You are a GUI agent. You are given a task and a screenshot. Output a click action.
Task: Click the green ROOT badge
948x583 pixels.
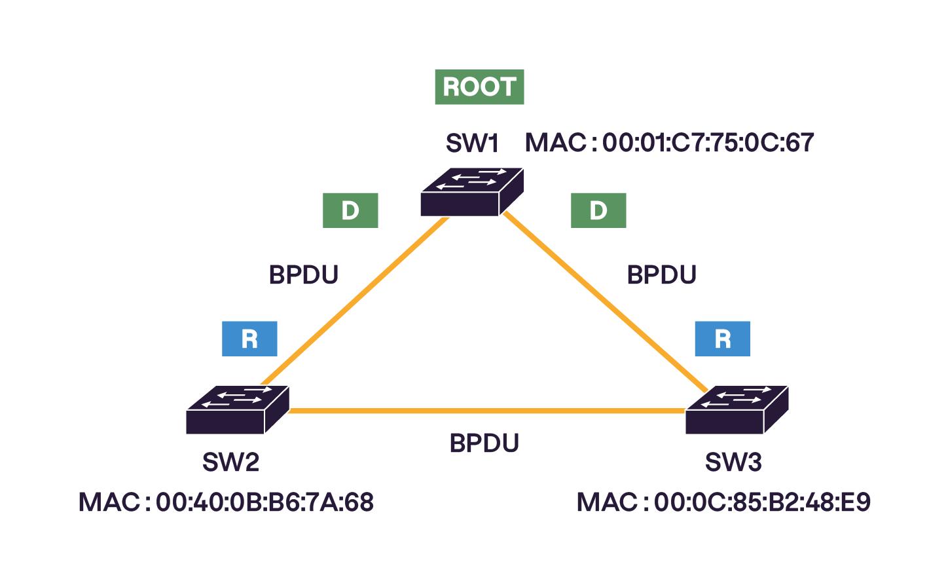click(479, 87)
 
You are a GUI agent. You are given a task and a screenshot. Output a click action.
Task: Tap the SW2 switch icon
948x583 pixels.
click(237, 409)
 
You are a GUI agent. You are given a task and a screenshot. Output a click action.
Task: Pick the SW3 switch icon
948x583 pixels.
click(737, 409)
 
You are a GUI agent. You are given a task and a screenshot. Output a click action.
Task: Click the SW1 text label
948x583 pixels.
click(472, 143)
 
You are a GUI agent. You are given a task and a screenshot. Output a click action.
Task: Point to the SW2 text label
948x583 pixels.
click(230, 462)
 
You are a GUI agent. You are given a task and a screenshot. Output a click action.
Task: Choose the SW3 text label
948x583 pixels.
click(733, 462)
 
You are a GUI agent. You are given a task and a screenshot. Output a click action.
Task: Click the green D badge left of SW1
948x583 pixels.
click(350, 210)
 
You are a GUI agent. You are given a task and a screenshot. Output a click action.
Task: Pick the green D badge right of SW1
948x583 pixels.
click(598, 210)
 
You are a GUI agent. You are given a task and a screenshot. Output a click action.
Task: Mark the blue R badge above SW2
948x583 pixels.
click(249, 339)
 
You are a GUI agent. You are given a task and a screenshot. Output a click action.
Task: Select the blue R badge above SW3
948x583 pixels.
click(722, 339)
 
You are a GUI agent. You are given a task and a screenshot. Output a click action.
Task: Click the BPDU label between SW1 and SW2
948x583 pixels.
click(304, 274)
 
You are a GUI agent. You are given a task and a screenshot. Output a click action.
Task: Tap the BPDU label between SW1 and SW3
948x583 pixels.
click(661, 274)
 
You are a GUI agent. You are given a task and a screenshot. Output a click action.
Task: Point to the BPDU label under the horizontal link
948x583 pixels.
click(484, 443)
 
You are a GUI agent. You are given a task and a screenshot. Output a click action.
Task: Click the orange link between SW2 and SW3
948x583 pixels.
click(484, 411)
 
